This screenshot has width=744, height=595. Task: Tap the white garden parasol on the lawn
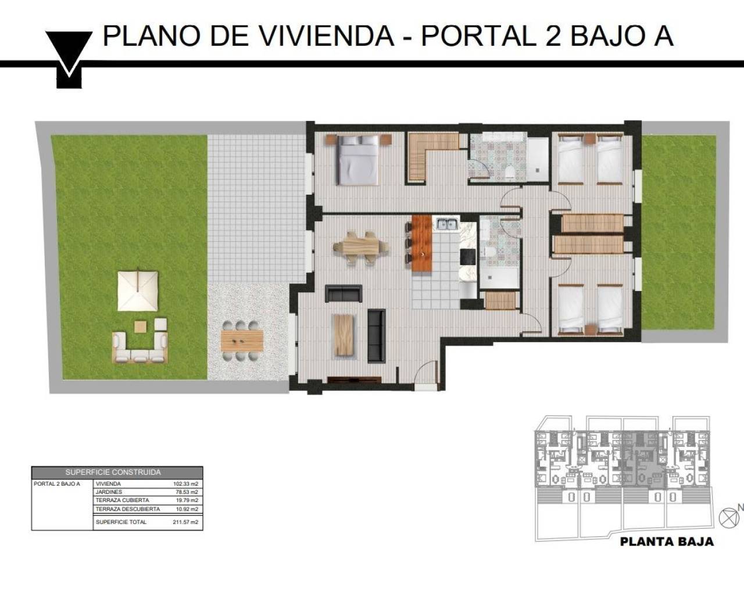tap(138, 290)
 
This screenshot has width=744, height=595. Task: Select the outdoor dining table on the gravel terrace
tap(242, 340)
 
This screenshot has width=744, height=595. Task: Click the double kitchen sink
tap(447, 223)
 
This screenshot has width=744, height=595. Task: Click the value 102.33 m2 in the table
tap(185, 483)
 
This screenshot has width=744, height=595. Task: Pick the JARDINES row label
tap(109, 492)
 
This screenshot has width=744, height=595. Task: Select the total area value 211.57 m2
tap(185, 522)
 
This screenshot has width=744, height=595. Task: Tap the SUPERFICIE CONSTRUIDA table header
tap(117, 472)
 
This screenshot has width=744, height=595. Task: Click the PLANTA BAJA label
tap(667, 542)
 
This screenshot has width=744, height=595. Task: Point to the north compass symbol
tap(727, 517)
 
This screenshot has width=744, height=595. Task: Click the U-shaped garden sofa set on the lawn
tap(139, 348)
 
